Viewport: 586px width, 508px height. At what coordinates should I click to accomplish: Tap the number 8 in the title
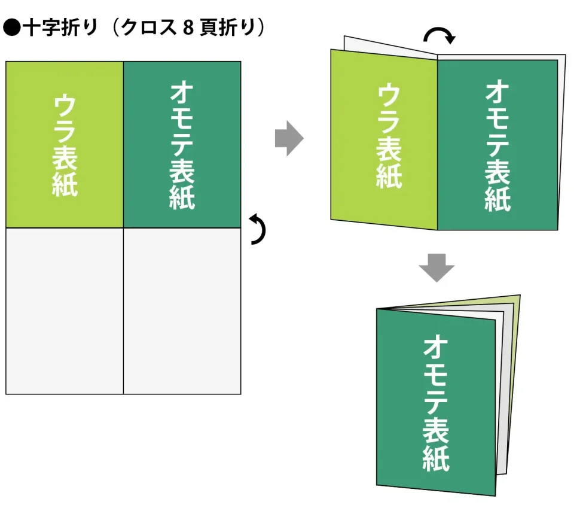187,28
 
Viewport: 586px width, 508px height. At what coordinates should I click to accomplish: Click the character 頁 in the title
209,28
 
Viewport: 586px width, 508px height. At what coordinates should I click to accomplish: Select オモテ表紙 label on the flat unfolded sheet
182,145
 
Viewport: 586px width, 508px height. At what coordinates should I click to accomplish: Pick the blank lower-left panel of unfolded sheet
65,311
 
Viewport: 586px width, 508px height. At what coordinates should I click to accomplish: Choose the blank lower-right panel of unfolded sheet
182,311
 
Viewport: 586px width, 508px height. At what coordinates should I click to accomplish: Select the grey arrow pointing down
437,267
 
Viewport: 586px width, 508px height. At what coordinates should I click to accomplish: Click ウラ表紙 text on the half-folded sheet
389,137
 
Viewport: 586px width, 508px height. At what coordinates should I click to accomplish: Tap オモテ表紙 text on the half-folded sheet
498,146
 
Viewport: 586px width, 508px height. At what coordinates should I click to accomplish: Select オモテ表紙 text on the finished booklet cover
437,403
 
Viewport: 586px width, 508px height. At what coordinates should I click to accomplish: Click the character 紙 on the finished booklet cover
436,457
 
